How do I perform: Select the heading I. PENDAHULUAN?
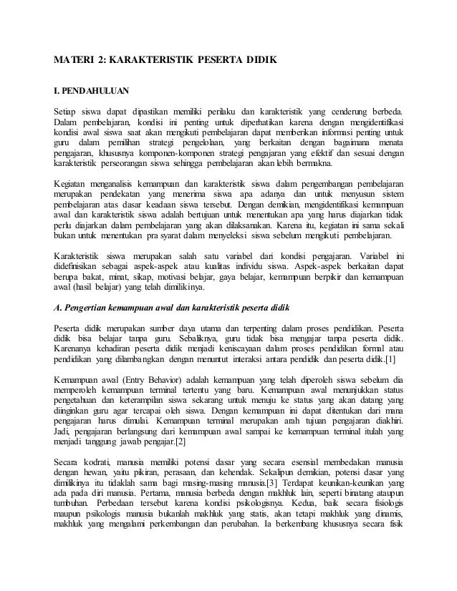pyautogui.click(x=88, y=92)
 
